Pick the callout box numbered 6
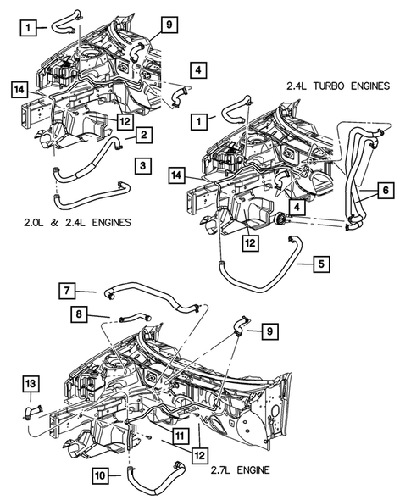pos(386,192)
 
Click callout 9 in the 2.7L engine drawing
pos(269,331)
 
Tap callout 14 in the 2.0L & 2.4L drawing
pos(19,87)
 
